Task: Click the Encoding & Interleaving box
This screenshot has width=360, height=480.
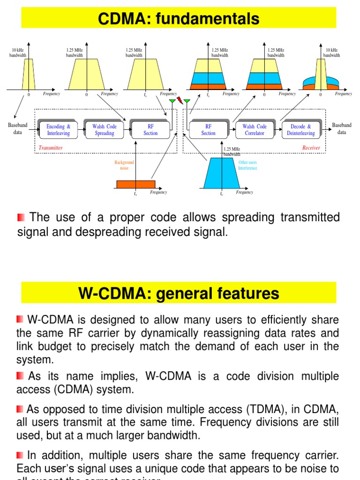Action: coord(59,130)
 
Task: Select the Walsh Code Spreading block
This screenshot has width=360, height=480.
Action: coord(104,130)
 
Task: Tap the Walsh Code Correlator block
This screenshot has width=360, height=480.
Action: coord(255,130)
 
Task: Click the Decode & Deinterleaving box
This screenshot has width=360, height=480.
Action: coord(301,130)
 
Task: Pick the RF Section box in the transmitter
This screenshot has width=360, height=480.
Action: coord(150,130)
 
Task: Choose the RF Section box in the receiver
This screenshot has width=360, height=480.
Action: coord(208,130)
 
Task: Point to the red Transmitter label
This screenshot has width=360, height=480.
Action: coord(51,148)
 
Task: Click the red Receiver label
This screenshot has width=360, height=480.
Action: coord(311,148)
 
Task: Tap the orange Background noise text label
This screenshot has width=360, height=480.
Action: coord(124,165)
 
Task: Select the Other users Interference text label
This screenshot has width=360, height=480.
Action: coord(247,165)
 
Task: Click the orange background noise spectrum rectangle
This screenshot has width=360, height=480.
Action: coord(135,184)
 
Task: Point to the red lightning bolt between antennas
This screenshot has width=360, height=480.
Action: coord(180,100)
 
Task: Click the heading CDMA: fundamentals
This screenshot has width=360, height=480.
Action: coord(179,19)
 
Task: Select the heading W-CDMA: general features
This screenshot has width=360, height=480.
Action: coord(179,293)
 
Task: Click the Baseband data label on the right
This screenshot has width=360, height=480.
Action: coord(342,129)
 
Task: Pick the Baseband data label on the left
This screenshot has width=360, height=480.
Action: coord(18,129)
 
